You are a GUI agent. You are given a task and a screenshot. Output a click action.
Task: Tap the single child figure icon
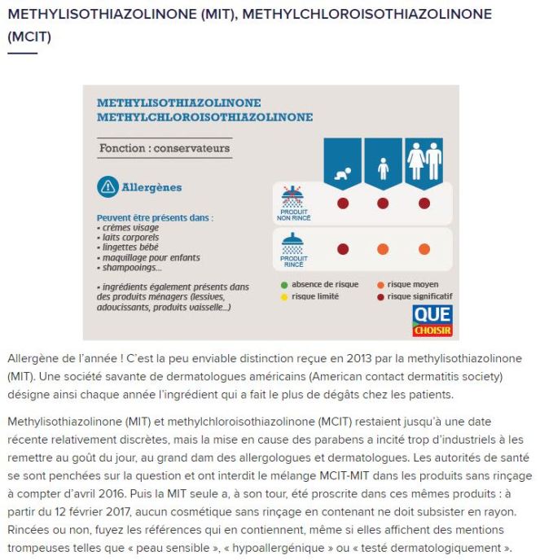[x=383, y=168]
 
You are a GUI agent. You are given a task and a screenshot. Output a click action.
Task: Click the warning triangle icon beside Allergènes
[x=108, y=187]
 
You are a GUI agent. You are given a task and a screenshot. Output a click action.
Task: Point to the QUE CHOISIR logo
[x=432, y=321]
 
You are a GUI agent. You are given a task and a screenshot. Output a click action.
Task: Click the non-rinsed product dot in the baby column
[x=343, y=203]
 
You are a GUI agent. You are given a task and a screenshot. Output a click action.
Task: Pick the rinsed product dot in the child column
[x=383, y=249]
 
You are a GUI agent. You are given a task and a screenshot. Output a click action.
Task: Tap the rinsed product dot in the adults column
[x=424, y=249]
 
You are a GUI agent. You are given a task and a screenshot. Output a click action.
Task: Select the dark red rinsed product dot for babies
[x=343, y=249]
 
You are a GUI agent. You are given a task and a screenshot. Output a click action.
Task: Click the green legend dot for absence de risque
[x=283, y=285]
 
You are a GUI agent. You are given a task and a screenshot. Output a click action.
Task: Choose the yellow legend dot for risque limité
[x=283, y=296]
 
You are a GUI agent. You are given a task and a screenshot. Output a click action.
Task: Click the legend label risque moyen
[x=413, y=285]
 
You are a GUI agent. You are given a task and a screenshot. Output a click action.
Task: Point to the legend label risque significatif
[x=419, y=296]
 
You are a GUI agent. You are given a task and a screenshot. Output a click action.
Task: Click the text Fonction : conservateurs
[x=164, y=149]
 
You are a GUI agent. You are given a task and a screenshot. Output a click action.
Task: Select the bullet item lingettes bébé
[x=127, y=247]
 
